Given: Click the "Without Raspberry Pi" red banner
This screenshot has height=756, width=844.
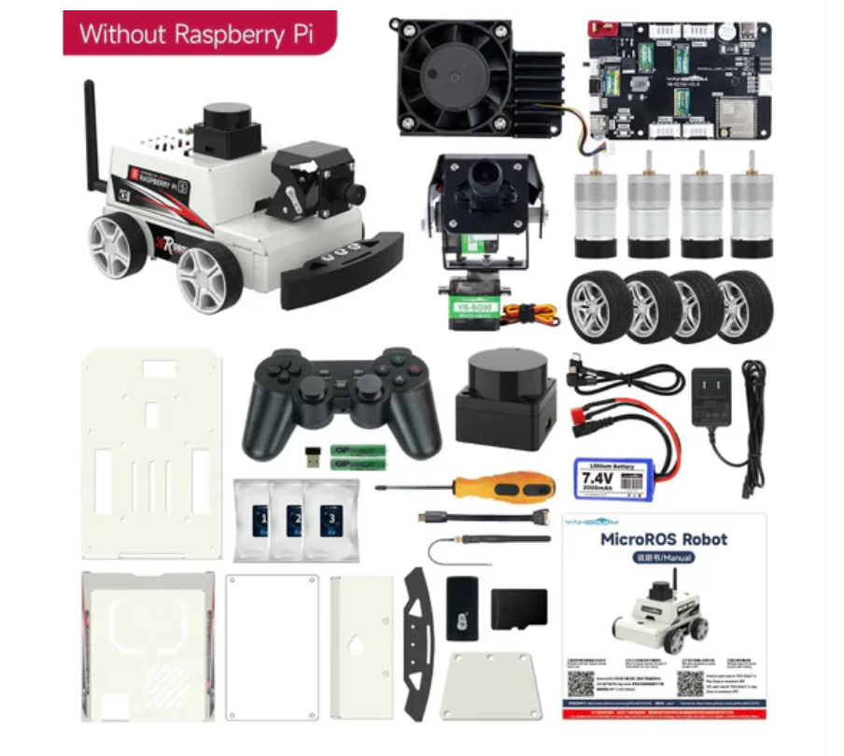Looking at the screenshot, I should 196,34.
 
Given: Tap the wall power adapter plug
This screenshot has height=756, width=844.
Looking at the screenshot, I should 714,388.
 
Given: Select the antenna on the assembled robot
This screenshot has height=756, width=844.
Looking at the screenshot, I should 91,131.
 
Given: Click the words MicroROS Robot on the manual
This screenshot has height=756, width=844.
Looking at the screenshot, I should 663,539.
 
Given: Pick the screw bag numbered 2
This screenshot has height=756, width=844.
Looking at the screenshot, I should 294,520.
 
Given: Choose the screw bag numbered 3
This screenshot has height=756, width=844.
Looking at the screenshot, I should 330,520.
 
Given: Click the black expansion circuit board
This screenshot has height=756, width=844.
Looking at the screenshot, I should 677,79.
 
